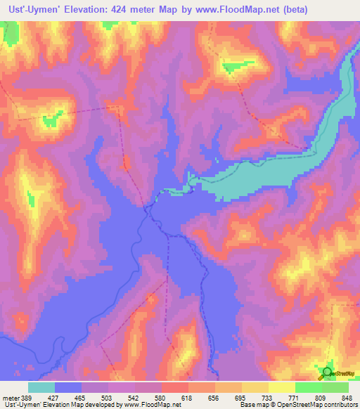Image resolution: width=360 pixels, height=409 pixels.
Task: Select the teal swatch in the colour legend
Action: click(x=41, y=387)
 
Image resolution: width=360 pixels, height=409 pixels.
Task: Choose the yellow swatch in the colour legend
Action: click(x=281, y=387)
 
